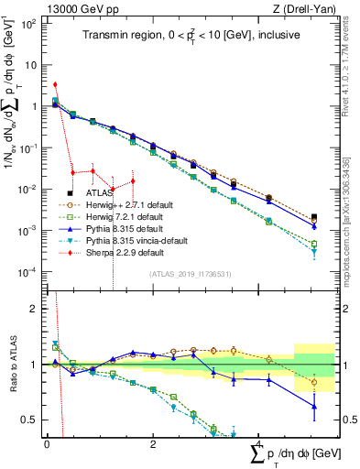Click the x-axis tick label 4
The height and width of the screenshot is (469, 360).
(x=259, y=443)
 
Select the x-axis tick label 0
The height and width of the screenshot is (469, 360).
(x=47, y=443)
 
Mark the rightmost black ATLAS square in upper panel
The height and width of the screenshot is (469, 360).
(x=314, y=218)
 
